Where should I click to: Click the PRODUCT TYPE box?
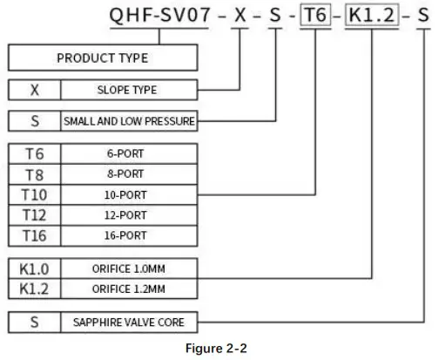[x=102, y=58]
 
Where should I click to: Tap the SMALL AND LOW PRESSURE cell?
[x=128, y=121]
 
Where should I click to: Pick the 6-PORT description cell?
[x=128, y=153]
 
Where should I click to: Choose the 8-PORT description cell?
[x=128, y=173]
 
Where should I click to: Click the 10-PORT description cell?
[x=128, y=194]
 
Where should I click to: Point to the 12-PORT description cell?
[x=128, y=214]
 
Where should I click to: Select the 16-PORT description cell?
[x=128, y=235]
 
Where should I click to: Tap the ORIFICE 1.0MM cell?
[x=128, y=267]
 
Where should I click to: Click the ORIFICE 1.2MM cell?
[x=128, y=288]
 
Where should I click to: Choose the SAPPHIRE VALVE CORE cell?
[x=128, y=322]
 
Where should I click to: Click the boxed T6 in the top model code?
[x=315, y=16]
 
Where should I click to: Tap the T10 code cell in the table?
[x=34, y=194]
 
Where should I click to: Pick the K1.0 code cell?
[x=34, y=267]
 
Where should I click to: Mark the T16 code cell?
[x=34, y=235]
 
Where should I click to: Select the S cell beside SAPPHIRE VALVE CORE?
[x=34, y=322]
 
